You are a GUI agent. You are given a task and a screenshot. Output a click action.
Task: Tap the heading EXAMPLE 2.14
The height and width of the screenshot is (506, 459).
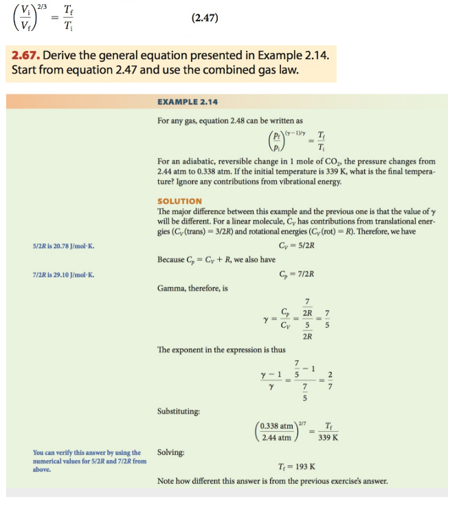[x=187, y=102]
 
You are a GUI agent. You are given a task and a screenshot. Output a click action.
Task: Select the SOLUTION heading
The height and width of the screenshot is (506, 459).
[x=179, y=201]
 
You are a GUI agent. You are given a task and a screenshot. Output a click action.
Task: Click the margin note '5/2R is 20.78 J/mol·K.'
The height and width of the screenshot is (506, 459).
[x=63, y=245]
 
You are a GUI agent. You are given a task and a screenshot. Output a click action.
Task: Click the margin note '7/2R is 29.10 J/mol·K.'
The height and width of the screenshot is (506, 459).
[x=63, y=275]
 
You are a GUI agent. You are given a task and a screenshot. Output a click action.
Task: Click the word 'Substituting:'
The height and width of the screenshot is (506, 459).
[x=179, y=411]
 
